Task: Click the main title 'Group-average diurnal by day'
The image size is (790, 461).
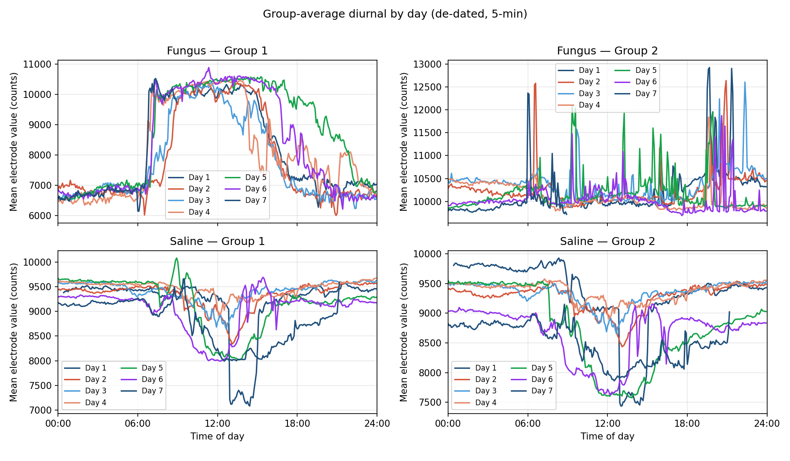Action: tap(395, 14)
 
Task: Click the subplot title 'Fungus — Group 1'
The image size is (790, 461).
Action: tap(217, 51)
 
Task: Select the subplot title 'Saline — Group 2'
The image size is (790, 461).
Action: tap(607, 241)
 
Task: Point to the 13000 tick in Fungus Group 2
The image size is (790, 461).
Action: tap(427, 64)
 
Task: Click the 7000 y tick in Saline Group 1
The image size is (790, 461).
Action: tap(40, 410)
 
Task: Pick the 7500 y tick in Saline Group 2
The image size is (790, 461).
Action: tap(430, 402)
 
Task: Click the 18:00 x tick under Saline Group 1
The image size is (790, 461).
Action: tap(297, 424)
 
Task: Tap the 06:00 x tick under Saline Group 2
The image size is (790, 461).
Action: tap(528, 424)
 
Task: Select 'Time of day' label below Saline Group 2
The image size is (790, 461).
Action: tap(607, 436)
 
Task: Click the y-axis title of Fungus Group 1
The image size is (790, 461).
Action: tap(14, 141)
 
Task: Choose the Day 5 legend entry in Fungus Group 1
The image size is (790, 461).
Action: tap(246, 177)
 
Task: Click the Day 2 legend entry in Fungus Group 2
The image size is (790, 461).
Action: tap(579, 82)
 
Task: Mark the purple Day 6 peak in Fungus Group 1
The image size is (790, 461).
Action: tap(209, 68)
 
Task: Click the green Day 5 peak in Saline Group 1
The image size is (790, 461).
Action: tap(176, 258)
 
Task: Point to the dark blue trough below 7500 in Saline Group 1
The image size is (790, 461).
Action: tap(249, 405)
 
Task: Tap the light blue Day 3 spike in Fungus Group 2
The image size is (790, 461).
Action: tap(744, 82)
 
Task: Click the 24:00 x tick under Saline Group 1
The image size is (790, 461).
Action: tap(377, 424)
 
